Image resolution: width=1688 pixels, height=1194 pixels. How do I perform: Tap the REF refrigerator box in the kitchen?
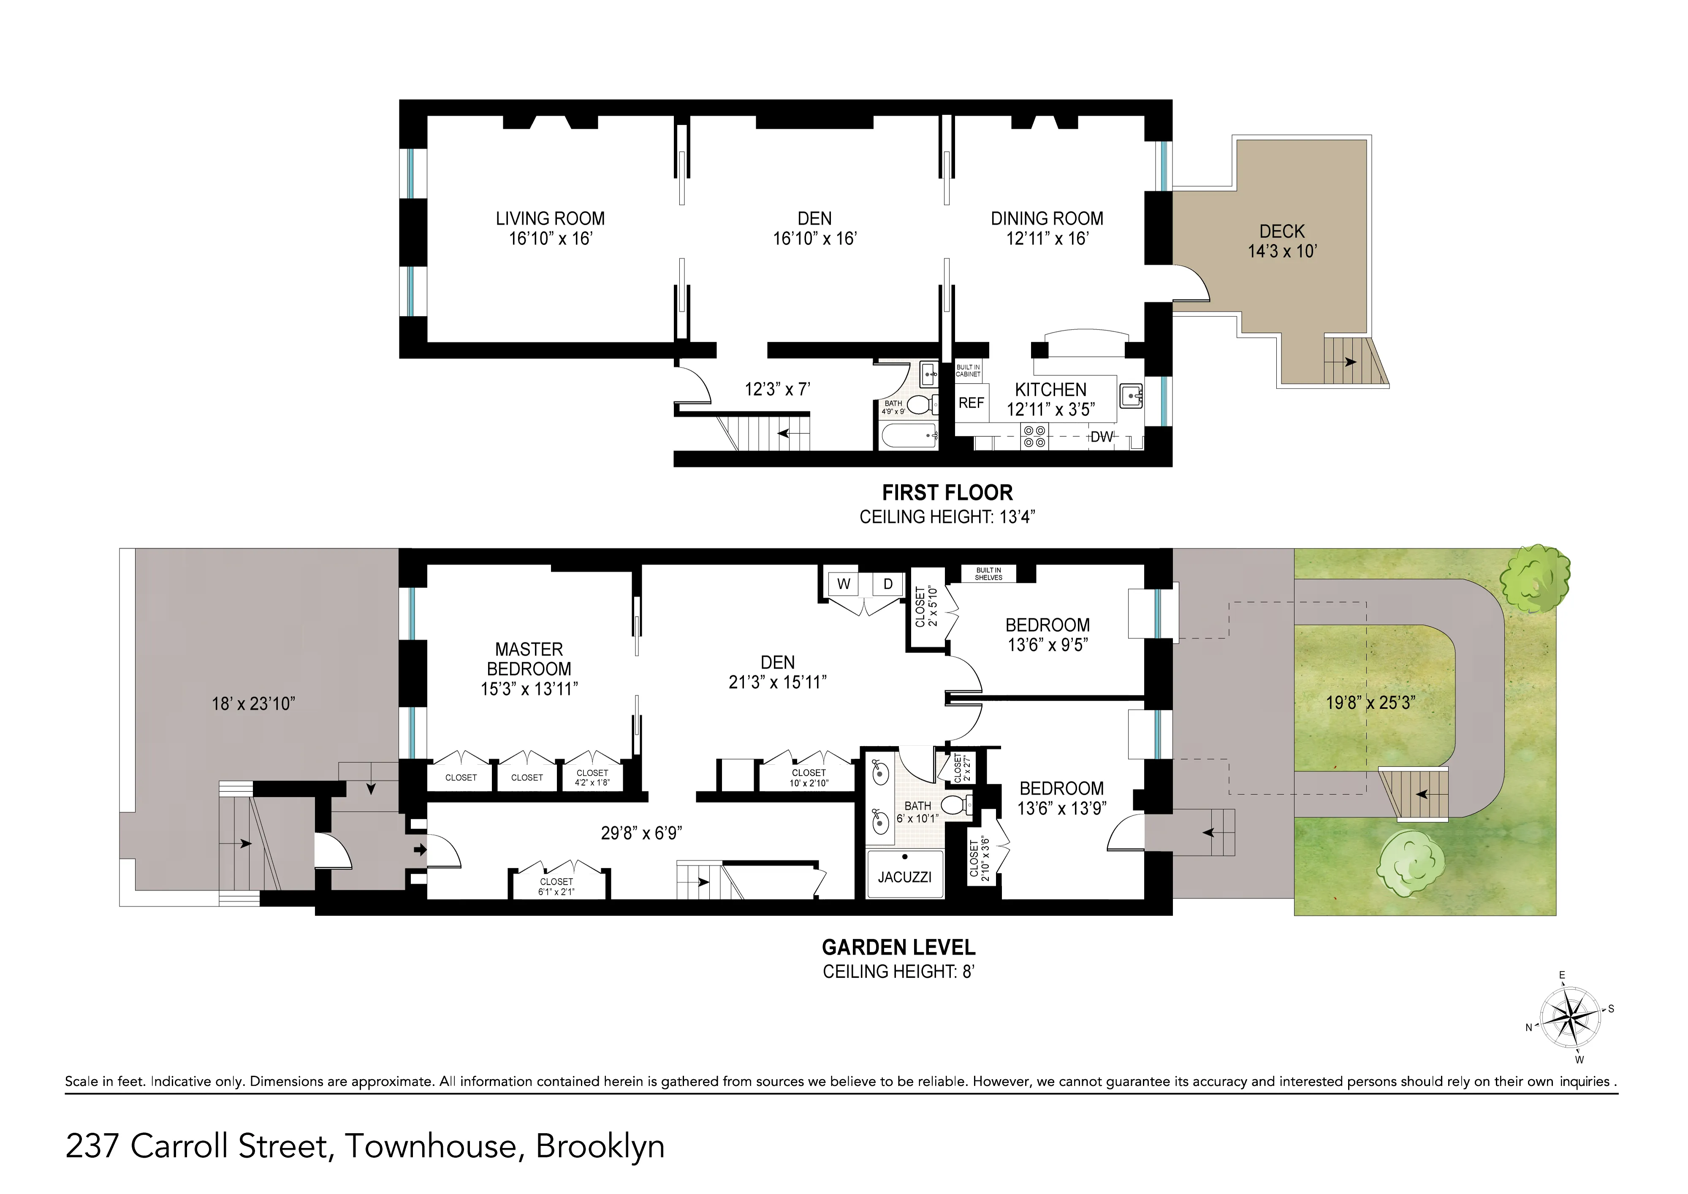tap(971, 403)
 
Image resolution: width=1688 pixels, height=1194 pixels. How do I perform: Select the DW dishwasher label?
tap(1101, 437)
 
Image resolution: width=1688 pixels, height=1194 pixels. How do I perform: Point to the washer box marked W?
tap(844, 585)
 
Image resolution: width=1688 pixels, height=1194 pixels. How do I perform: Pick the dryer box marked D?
tap(888, 585)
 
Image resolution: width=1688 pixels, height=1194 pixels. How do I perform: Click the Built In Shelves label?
tap(988, 574)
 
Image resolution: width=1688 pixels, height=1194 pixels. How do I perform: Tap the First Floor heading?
tap(947, 493)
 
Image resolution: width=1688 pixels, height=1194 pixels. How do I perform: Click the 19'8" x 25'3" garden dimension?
tap(1370, 703)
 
